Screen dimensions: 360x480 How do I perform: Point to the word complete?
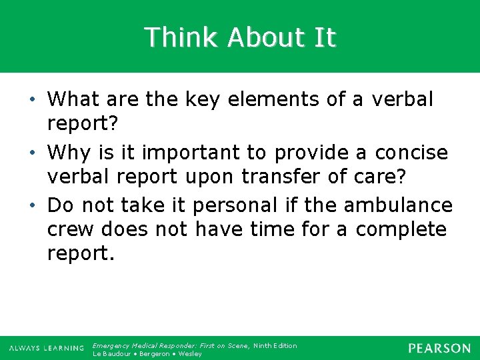point(401,229)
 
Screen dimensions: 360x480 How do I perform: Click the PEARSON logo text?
point(439,348)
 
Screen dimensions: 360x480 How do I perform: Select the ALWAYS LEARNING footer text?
point(46,349)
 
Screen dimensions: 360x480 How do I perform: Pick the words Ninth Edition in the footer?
point(275,345)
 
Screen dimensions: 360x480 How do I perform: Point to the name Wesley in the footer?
point(190,354)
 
